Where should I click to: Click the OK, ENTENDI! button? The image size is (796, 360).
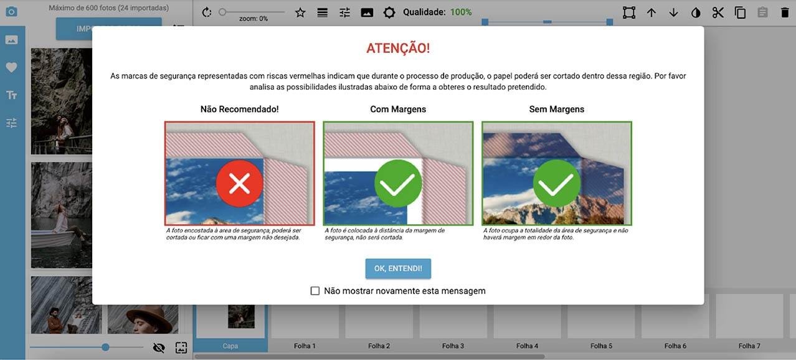(x=398, y=268)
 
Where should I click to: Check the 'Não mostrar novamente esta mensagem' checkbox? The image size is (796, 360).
(x=315, y=291)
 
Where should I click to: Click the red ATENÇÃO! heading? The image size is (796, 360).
(x=398, y=49)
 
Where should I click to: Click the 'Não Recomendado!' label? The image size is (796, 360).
(x=240, y=109)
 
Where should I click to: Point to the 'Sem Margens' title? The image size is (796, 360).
(x=556, y=109)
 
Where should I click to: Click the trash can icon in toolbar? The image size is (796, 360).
(x=784, y=12)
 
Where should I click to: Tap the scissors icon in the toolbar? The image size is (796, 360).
(x=718, y=12)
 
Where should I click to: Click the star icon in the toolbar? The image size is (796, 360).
(x=300, y=12)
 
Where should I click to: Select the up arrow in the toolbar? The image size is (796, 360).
(x=651, y=12)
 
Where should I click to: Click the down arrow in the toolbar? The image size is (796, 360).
(x=673, y=12)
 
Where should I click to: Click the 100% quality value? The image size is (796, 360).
(x=461, y=12)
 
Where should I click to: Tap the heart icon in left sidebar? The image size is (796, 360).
(x=11, y=68)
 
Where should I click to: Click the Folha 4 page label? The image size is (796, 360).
(x=527, y=346)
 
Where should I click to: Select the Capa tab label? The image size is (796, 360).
(x=230, y=346)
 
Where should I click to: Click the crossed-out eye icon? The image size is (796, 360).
(x=159, y=348)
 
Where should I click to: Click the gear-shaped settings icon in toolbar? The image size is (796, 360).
(x=389, y=12)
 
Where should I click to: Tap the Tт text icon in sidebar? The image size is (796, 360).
(x=11, y=95)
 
